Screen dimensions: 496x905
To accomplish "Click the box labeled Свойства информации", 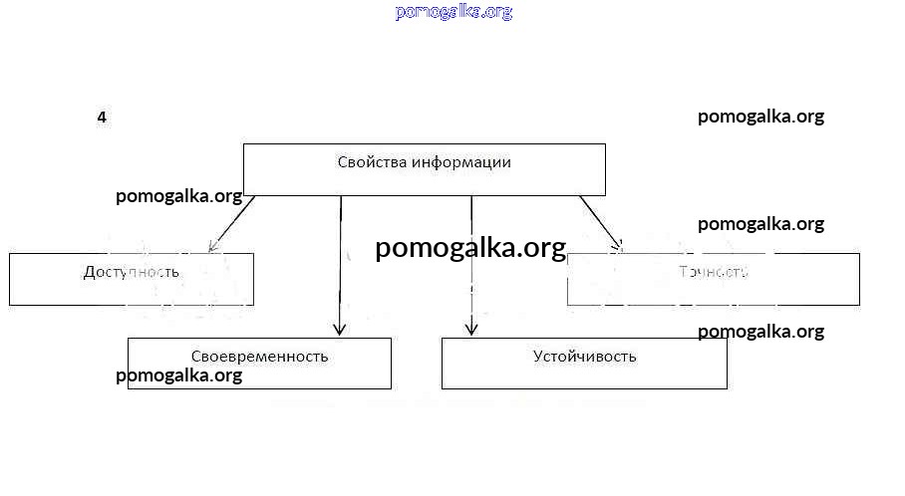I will (425, 169).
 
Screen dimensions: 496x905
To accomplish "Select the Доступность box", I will (131, 279).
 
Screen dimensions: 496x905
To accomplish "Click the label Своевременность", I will (259, 356).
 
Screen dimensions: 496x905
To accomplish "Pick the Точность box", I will (713, 279).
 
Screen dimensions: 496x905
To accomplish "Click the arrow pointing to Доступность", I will (231, 221).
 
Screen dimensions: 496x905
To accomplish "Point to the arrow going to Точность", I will (601, 220).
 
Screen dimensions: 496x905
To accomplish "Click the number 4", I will (102, 118).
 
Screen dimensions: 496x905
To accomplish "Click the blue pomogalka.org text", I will (453, 12).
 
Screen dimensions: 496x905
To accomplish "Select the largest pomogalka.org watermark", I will (470, 248).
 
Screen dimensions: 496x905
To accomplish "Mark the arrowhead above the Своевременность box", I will (340, 328).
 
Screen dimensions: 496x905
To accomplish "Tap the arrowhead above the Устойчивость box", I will (471, 328).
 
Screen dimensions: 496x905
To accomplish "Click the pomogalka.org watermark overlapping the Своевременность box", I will (179, 375).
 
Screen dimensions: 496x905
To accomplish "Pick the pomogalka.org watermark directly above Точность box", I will (760, 224).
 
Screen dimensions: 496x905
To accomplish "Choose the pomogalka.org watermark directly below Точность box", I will (760, 332).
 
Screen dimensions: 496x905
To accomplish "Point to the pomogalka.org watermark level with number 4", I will (760, 117).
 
